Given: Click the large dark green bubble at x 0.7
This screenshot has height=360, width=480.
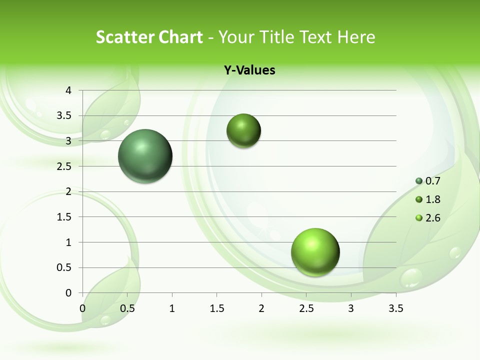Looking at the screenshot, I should click(x=145, y=156).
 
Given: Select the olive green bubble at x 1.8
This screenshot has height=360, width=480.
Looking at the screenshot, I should click(x=244, y=131).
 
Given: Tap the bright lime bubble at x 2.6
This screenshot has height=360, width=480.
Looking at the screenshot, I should click(x=315, y=252).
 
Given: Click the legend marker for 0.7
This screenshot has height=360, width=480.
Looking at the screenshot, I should click(x=419, y=181).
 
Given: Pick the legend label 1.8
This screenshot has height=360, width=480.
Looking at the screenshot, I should click(x=433, y=199).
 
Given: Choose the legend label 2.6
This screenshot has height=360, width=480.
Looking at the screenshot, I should click(x=433, y=218).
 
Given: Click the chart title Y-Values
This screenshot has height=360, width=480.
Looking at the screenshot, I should click(x=249, y=70).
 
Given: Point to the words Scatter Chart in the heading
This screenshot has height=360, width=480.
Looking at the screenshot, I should click(x=149, y=37).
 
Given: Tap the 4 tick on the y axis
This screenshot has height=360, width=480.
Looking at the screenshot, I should click(x=69, y=90).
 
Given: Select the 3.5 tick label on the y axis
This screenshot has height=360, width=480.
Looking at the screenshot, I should click(x=65, y=115).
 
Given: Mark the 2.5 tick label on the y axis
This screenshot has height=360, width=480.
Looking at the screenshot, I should click(x=65, y=166).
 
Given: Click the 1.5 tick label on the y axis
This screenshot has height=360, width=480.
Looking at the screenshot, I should click(x=65, y=217).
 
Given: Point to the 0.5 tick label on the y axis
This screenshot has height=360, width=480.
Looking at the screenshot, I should click(x=65, y=267).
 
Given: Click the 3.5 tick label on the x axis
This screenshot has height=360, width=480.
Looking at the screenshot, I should click(x=396, y=308).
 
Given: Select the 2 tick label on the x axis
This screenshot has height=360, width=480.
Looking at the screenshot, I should click(x=261, y=308).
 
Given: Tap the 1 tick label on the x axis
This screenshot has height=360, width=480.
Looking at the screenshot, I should click(x=172, y=308).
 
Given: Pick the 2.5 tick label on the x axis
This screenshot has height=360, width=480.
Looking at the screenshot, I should click(x=306, y=308).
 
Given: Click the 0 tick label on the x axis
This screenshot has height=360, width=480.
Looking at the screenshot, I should click(x=82, y=308).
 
